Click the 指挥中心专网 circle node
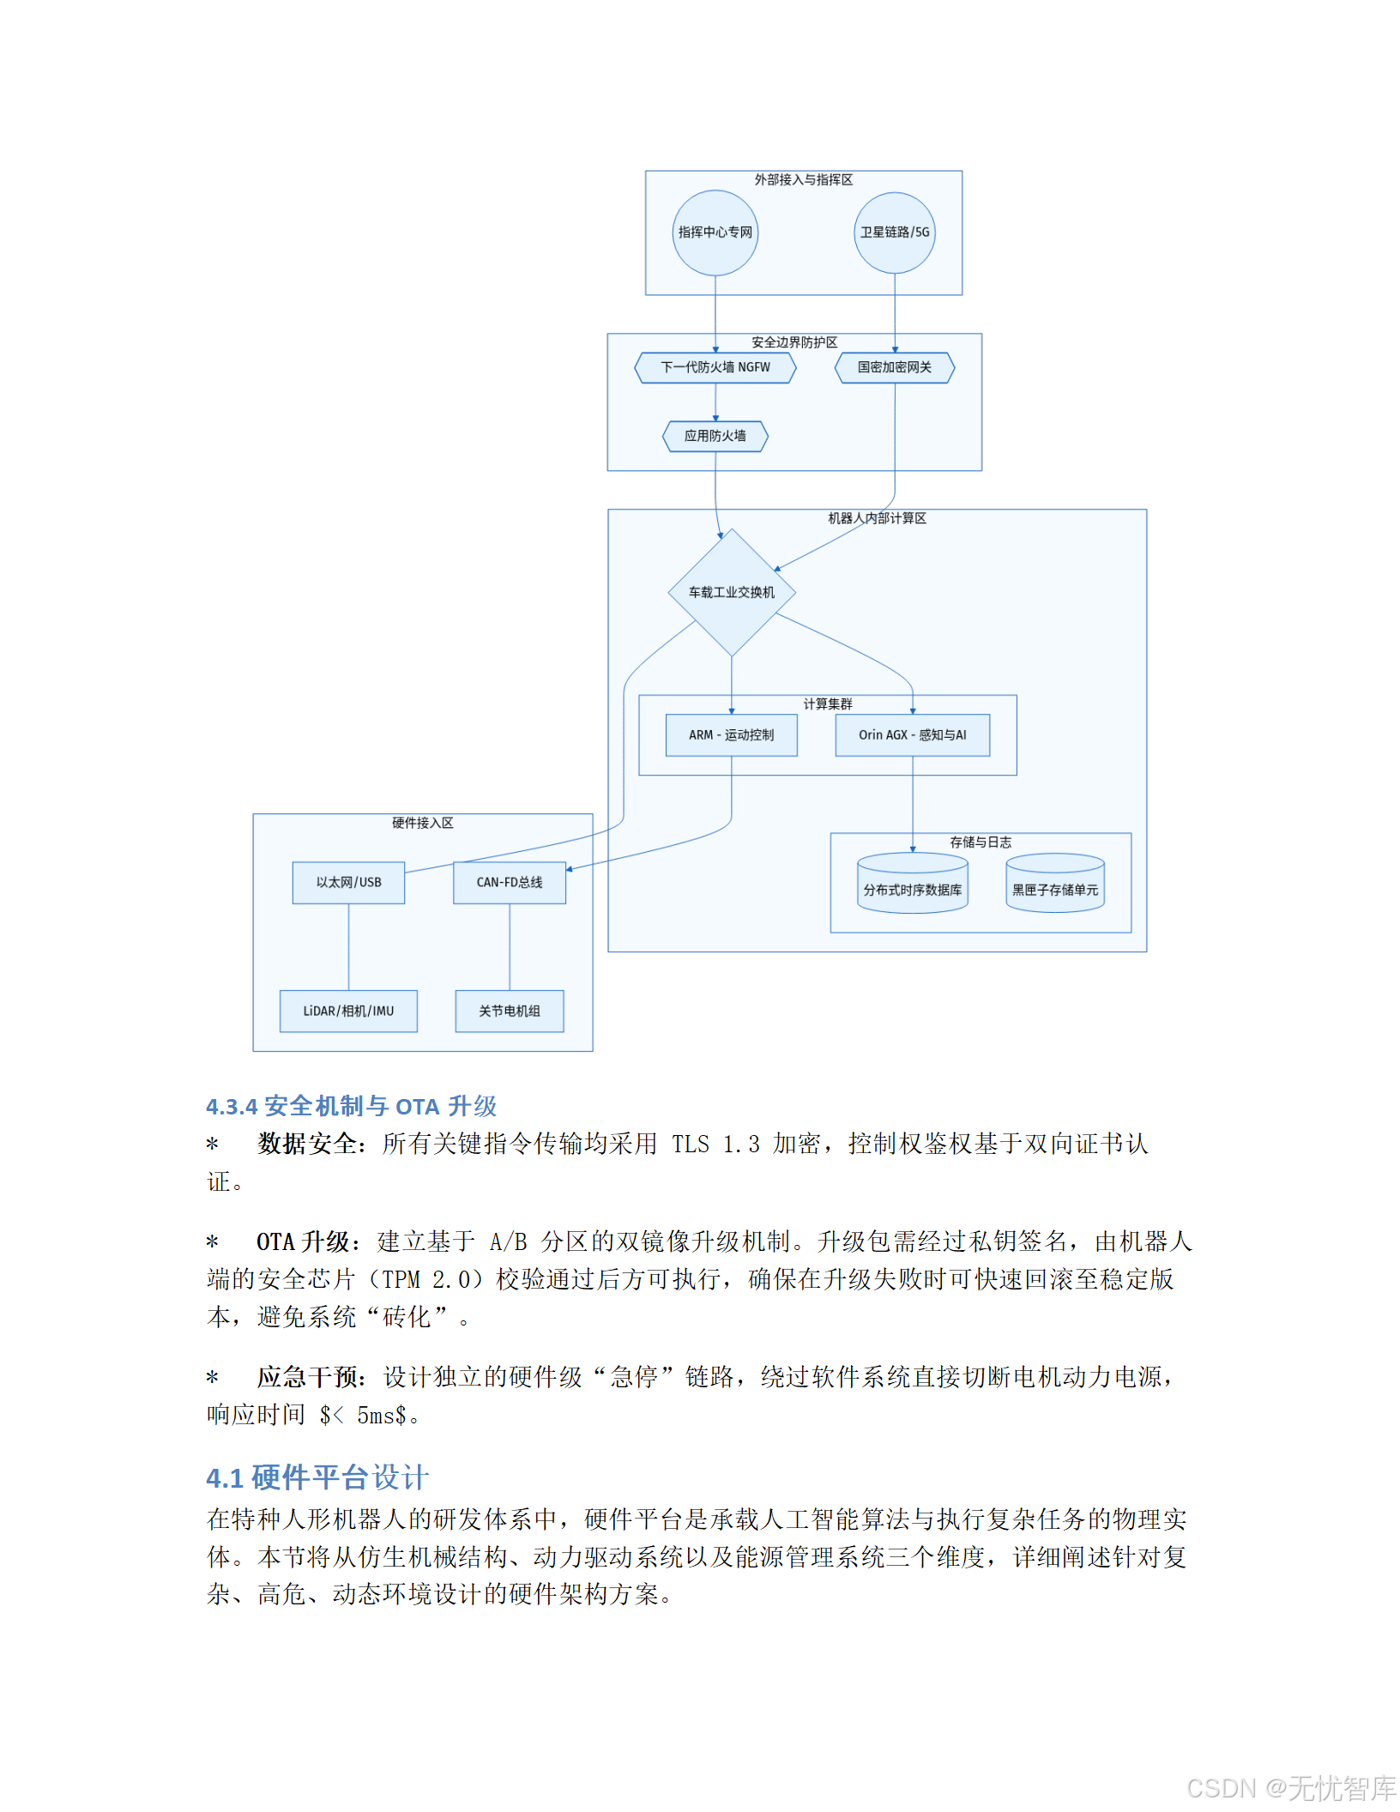(715, 233)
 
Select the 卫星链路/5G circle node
(894, 233)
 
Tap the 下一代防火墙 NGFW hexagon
(715, 367)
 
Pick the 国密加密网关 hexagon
(894, 367)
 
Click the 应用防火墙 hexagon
(715, 436)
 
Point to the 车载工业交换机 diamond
(731, 592)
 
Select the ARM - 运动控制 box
(731, 735)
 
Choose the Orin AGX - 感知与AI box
(912, 735)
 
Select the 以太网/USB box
(348, 882)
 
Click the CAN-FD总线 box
(510, 882)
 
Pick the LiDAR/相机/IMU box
(348, 1011)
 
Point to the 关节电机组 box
(510, 1011)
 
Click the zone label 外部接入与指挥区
(803, 180)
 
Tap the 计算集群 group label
(827, 704)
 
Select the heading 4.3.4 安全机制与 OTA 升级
(351, 1106)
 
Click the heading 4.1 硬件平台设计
(317, 1477)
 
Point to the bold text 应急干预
(308, 1377)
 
